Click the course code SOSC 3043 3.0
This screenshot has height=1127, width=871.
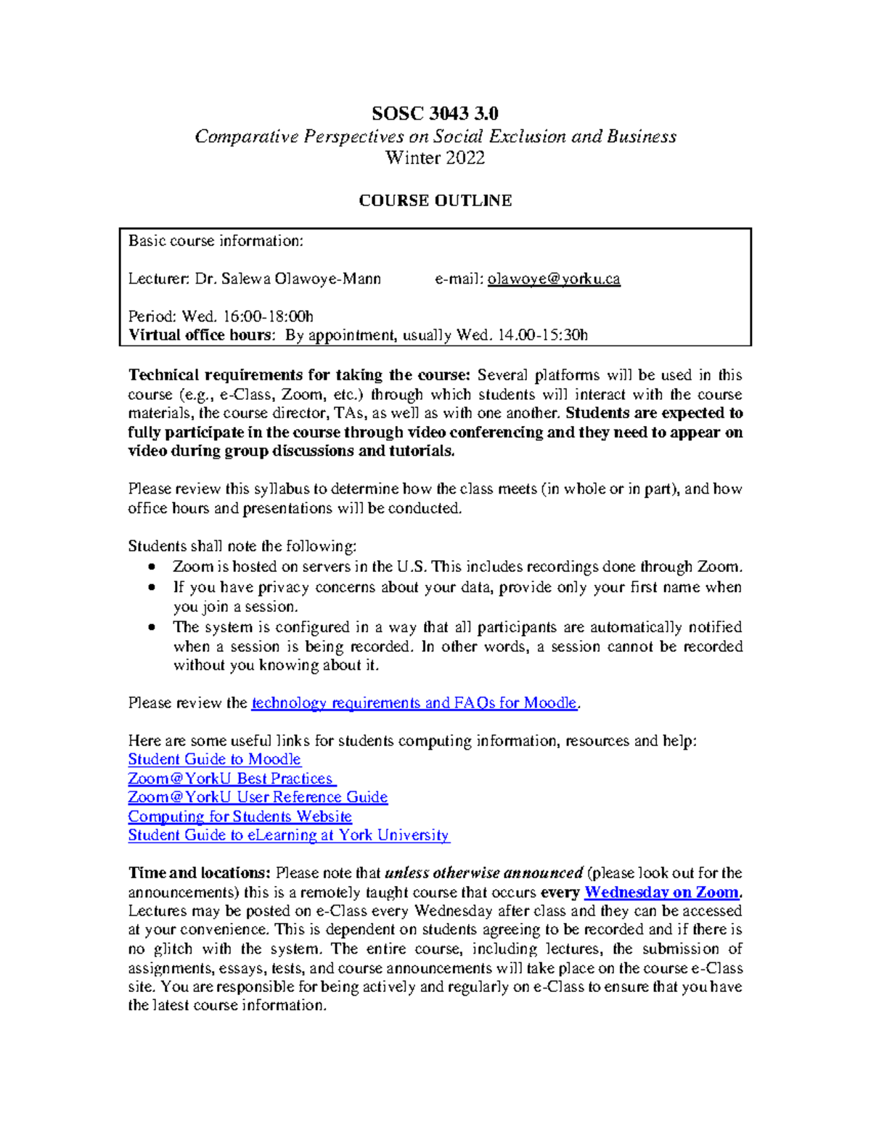[x=435, y=113]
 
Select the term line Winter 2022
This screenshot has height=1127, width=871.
[x=435, y=158]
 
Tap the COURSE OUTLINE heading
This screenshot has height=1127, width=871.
[x=435, y=200]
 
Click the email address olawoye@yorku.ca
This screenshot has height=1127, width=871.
[x=554, y=279]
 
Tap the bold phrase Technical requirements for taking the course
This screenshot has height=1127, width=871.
[x=298, y=375]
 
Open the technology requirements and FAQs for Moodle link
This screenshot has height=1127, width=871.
[x=414, y=703]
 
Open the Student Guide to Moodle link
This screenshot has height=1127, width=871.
[x=214, y=760]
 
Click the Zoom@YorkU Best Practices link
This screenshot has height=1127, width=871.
[x=232, y=779]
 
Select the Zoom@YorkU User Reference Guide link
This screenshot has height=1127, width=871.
[x=258, y=798]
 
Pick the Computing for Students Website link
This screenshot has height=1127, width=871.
[x=240, y=816]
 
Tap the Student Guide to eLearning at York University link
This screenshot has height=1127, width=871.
[x=289, y=835]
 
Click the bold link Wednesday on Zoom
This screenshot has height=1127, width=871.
[x=662, y=893]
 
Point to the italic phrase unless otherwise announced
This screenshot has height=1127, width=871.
[x=483, y=873]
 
